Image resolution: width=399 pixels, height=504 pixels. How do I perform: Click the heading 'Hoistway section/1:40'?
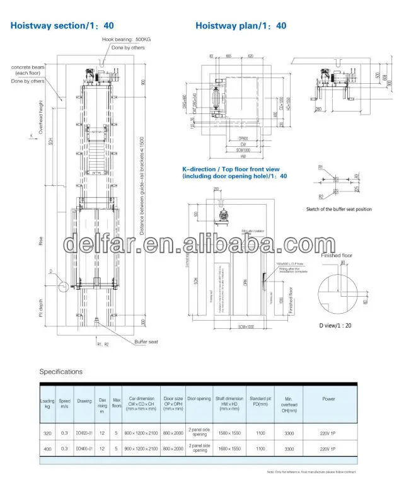point(61,26)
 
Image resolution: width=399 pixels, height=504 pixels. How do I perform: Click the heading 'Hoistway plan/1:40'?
point(240,26)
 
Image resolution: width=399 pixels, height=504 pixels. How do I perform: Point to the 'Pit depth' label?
point(41,307)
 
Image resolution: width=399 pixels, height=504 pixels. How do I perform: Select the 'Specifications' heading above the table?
point(61,371)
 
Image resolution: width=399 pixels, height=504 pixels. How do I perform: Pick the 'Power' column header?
point(328,398)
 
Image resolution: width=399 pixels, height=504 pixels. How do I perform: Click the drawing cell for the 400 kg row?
point(84,448)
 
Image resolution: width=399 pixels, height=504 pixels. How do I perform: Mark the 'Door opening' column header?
point(199,398)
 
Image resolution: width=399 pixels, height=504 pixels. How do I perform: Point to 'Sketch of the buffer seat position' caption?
point(338,209)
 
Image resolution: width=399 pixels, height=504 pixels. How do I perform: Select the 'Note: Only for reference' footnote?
point(311,471)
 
